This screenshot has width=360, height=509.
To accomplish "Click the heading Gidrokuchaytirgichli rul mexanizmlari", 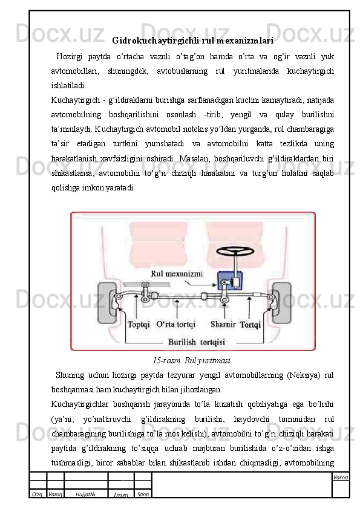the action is click(192, 41).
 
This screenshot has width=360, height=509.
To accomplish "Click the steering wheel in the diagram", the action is click(235, 251).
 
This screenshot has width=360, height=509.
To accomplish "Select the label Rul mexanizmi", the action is click(177, 274).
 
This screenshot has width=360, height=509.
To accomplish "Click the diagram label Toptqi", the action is click(139, 324).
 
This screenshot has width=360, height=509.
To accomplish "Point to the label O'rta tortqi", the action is click(176, 324).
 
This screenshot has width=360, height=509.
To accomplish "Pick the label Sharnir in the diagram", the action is click(223, 324).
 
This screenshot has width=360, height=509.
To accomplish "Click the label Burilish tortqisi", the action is click(197, 342).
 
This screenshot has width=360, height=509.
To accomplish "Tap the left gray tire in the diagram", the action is click(106, 302).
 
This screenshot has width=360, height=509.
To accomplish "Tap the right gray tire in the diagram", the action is click(282, 302).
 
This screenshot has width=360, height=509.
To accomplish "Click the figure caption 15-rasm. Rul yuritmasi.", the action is click(192, 361).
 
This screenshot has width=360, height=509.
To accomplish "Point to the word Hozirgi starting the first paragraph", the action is click(69, 57).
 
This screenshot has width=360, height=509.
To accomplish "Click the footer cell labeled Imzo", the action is click(121, 494).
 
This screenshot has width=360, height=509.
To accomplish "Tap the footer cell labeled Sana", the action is click(143, 494).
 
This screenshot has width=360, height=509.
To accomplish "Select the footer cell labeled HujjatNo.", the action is click(86, 494).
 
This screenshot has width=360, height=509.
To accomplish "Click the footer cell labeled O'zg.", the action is click(38, 494).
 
